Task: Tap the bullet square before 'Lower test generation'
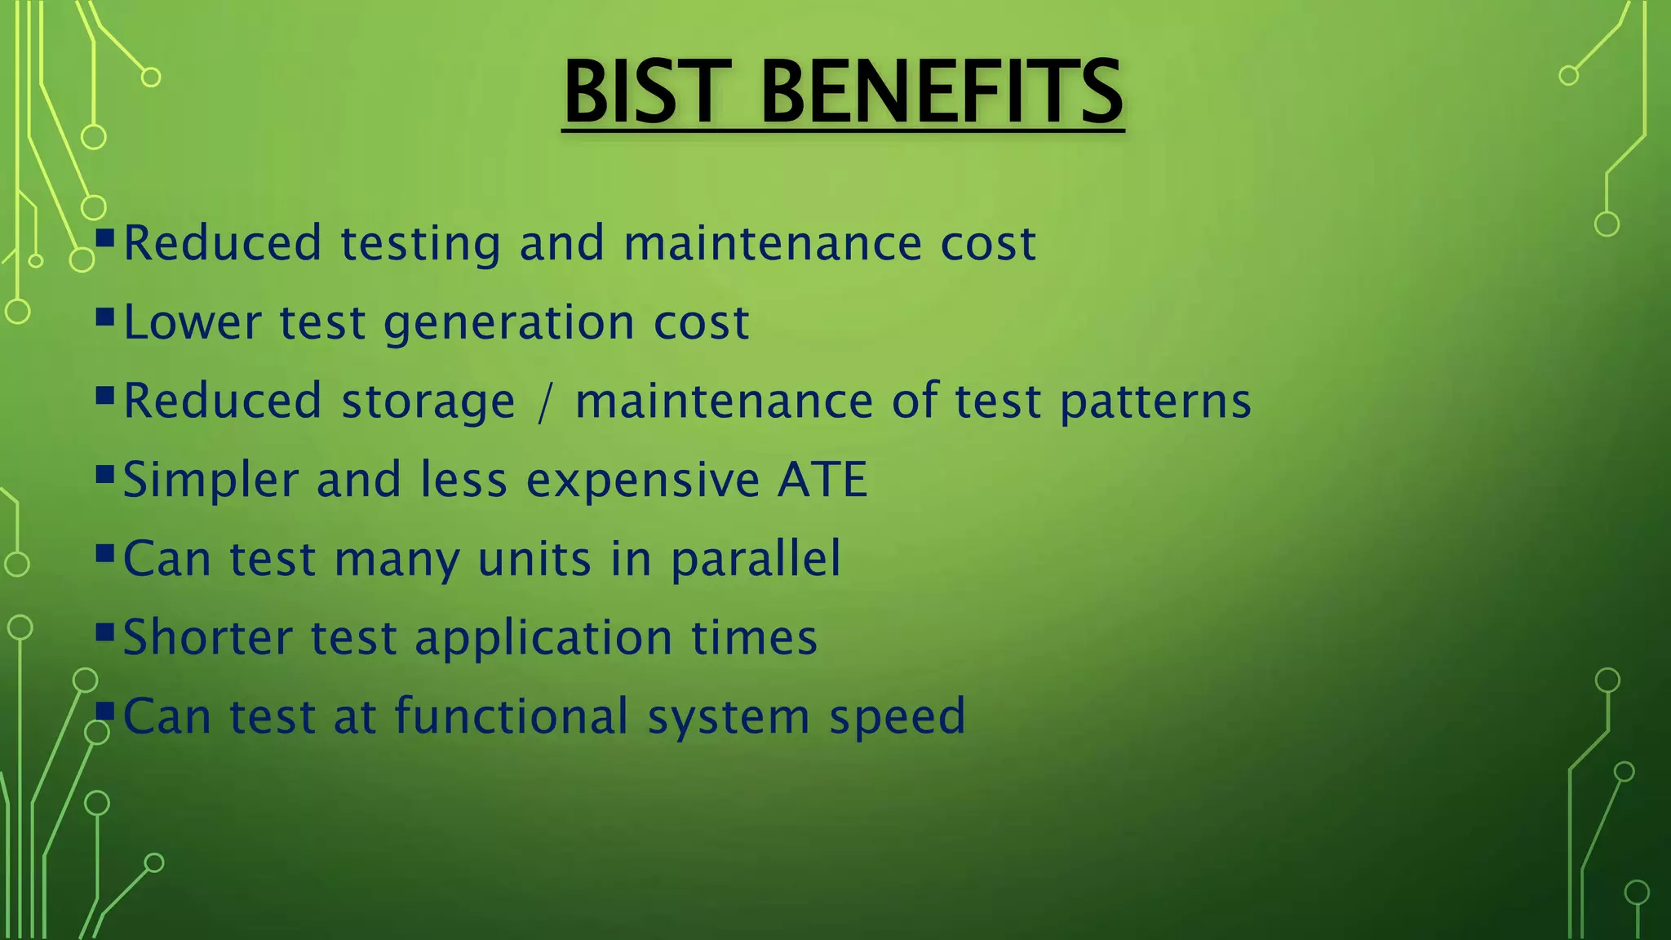click(x=104, y=317)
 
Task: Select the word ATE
click(x=822, y=479)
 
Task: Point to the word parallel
click(x=756, y=560)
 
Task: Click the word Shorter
click(x=207, y=637)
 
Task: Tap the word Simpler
click(x=211, y=481)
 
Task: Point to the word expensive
click(x=643, y=481)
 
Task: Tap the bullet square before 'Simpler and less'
click(x=104, y=474)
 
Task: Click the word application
click(x=543, y=639)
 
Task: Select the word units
click(x=534, y=560)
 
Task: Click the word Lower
click(x=193, y=322)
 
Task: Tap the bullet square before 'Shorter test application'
click(x=104, y=632)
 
